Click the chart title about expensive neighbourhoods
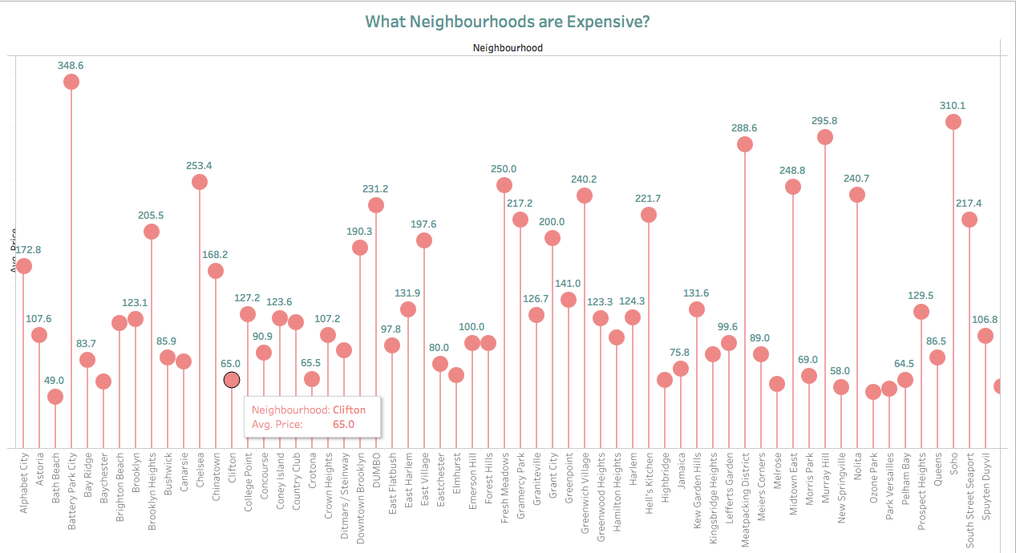[507, 22]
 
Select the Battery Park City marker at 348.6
[71, 82]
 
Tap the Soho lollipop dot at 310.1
[953, 122]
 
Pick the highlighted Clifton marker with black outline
[232, 380]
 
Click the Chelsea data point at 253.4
[200, 182]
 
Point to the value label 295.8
[824, 121]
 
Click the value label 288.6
[744, 127]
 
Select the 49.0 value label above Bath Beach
[55, 381]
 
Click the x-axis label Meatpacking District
[745, 501]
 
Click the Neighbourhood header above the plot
[508, 48]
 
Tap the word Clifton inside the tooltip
[349, 410]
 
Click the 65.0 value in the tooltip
[343, 424]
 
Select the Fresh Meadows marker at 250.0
[504, 185]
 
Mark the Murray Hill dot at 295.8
[824, 137]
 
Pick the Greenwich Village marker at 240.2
[585, 196]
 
